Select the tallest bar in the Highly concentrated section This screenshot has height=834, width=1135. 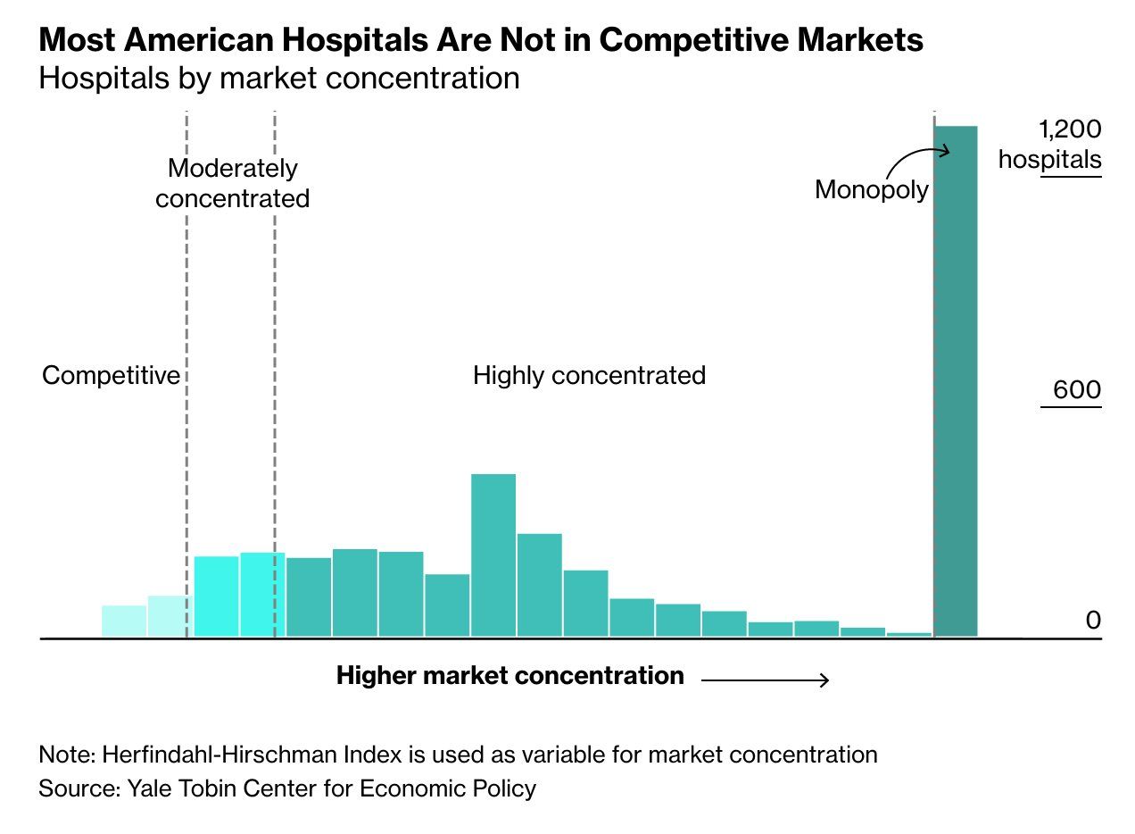[x=493, y=555]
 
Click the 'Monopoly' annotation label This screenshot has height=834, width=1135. [x=871, y=189]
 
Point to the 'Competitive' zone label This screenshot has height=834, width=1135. [x=111, y=376]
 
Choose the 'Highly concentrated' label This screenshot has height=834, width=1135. [x=589, y=375]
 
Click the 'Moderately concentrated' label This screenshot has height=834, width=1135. [x=232, y=183]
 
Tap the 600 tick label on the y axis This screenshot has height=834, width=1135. [x=1077, y=391]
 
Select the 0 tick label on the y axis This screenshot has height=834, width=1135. [x=1093, y=620]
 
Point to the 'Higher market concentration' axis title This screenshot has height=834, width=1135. [x=510, y=676]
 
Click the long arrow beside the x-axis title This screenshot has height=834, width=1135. [x=766, y=681]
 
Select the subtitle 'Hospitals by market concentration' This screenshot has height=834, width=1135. [x=278, y=79]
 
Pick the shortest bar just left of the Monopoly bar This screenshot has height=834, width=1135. [x=909, y=634]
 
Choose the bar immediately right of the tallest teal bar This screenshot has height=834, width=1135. [x=540, y=585]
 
